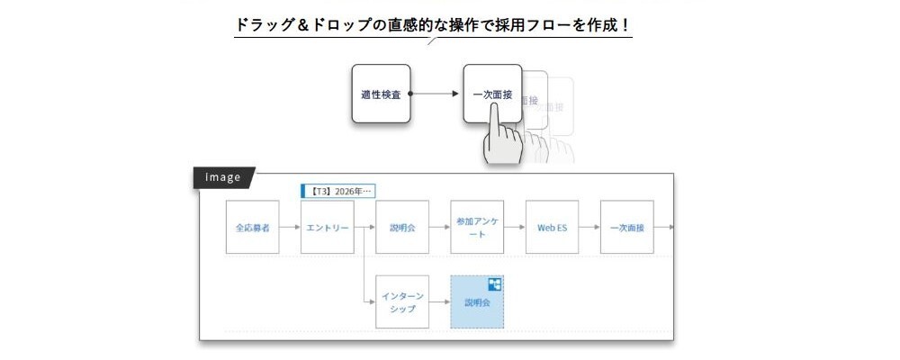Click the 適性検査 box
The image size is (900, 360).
(x=381, y=94)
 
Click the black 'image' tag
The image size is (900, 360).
(x=223, y=177)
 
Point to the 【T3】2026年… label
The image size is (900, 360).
(x=337, y=191)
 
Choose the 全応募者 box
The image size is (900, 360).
(x=252, y=227)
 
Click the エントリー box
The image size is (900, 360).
(x=328, y=227)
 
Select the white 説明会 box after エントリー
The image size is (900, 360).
(x=402, y=227)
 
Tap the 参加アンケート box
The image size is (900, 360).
(x=477, y=227)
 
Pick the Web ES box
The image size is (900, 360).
(x=552, y=227)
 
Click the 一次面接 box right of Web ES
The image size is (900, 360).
(x=626, y=227)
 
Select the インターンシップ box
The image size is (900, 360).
(x=402, y=302)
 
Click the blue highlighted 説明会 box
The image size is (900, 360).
(x=476, y=302)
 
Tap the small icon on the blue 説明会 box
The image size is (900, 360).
(x=494, y=285)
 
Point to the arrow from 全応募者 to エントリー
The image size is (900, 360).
(x=290, y=227)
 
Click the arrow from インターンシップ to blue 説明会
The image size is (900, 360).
(x=439, y=302)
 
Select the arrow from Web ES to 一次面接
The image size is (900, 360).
(x=589, y=227)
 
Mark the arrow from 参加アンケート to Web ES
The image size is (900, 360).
(x=515, y=227)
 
